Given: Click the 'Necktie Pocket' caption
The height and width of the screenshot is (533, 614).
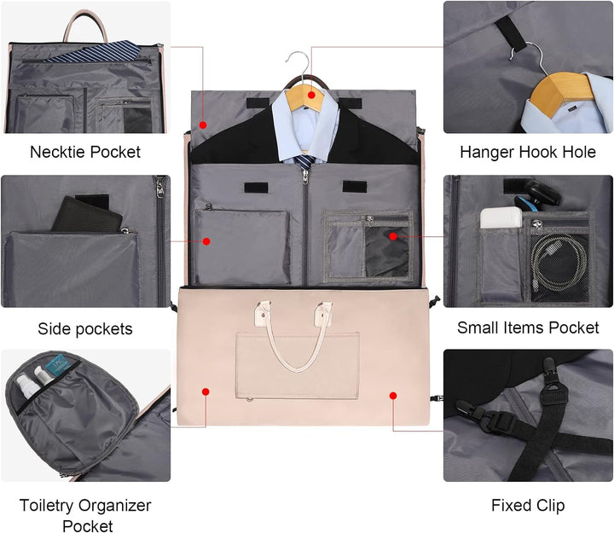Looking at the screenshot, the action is [x=85, y=152].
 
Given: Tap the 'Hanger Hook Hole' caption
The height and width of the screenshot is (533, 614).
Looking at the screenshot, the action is [x=528, y=152].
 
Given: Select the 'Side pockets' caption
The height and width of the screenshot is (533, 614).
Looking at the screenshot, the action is [x=85, y=329].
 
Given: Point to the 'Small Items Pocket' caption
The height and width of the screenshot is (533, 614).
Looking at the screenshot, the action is [x=528, y=327].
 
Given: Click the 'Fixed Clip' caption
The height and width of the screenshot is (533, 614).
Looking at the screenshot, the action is [x=528, y=505].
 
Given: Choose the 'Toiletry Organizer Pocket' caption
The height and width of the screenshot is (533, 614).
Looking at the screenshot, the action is [x=85, y=515].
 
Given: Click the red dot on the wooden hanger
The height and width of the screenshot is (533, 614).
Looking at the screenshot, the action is [x=311, y=95].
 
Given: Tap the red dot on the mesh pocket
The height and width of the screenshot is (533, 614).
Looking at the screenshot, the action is [x=393, y=236].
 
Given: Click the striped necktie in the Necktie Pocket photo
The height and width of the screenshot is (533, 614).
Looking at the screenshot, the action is [x=93, y=51].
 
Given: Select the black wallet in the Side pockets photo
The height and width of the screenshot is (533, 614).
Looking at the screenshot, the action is [x=87, y=214].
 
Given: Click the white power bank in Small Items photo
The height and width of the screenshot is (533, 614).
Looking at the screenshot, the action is [x=501, y=217].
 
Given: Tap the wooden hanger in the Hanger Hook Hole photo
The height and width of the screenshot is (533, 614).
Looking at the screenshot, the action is [x=562, y=94].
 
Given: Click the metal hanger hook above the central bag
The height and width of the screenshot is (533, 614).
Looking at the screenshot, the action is [x=299, y=67].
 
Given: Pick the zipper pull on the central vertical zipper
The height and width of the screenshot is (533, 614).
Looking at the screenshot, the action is [x=304, y=177].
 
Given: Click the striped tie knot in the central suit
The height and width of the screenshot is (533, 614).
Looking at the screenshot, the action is [x=304, y=162].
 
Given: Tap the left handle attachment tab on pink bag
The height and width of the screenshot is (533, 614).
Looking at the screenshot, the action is [x=263, y=312].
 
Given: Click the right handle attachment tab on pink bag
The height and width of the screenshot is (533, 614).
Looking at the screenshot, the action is [x=324, y=313].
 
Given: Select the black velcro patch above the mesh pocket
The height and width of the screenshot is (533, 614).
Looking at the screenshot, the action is [x=355, y=187].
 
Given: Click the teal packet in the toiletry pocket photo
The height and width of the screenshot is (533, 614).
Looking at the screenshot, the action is [x=59, y=365].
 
